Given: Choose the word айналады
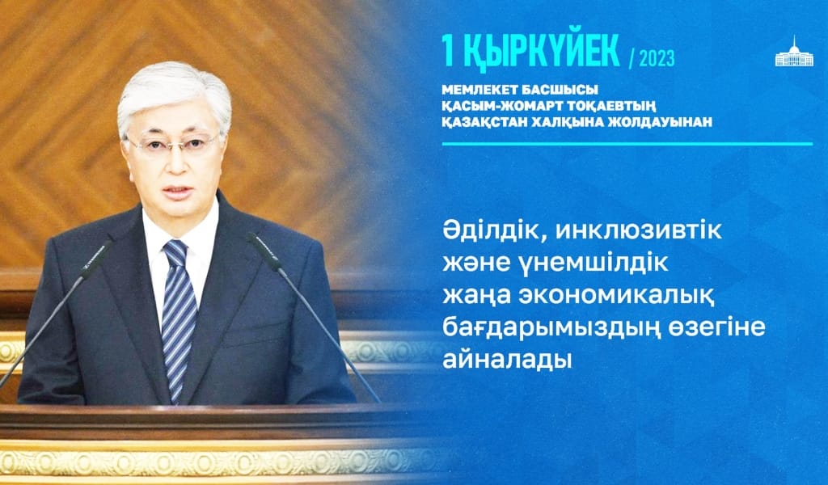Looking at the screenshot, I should pos(507,357).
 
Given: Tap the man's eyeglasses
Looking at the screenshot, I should pos(175,145).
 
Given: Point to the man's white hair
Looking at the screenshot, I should pos(174,85).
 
